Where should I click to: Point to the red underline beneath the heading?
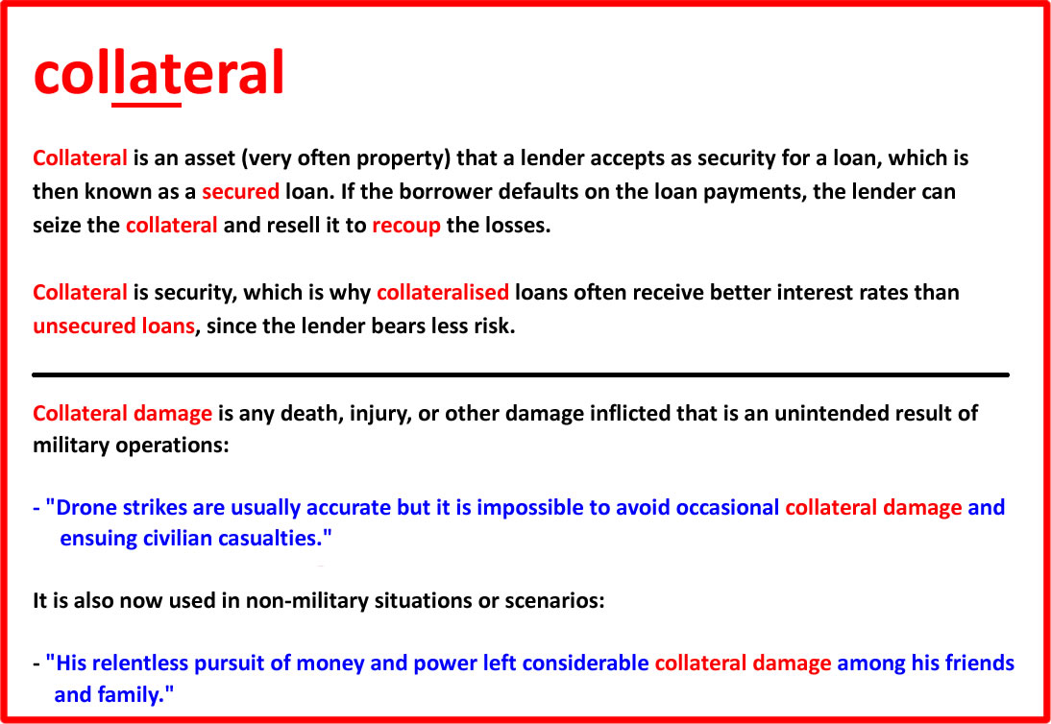pyautogui.click(x=147, y=105)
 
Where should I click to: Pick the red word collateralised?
pyautogui.click(x=443, y=293)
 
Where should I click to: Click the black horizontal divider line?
pyautogui.click(x=520, y=375)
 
